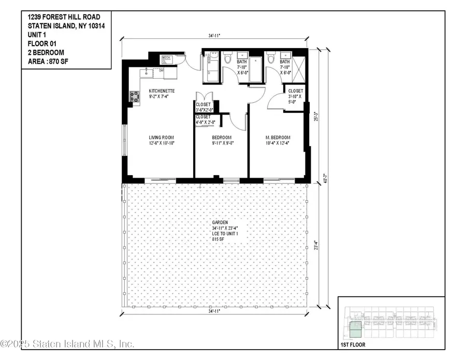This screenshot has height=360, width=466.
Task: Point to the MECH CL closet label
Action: point(166,59)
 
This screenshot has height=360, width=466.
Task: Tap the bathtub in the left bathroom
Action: point(256,70)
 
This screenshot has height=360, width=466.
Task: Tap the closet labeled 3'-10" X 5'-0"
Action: point(296,96)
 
